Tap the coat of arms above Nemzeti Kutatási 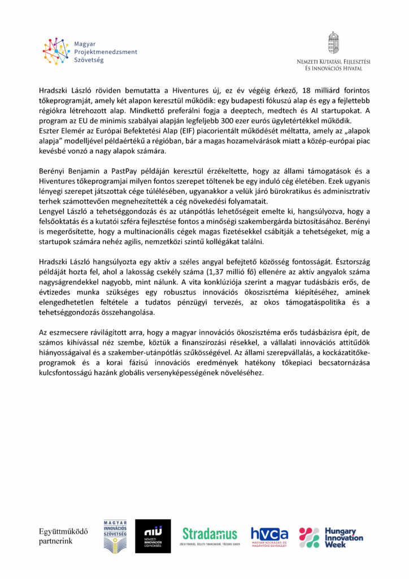click(x=333, y=42)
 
